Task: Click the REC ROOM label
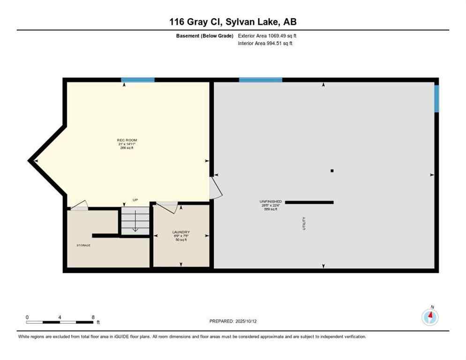coord(127,140)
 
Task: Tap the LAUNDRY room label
coord(180,232)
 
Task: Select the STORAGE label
coord(83,245)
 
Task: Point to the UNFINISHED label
coord(271,202)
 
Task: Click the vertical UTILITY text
coord(304,223)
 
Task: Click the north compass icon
coord(430,317)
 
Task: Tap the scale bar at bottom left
coord(60,322)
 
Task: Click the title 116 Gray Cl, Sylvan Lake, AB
coord(233,22)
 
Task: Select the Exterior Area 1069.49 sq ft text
coord(268,36)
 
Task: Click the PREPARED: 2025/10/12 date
coord(233,321)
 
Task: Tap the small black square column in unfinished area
coord(332,171)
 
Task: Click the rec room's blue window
coord(138,80)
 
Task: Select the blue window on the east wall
coord(436,98)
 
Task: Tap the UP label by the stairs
coord(135,200)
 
